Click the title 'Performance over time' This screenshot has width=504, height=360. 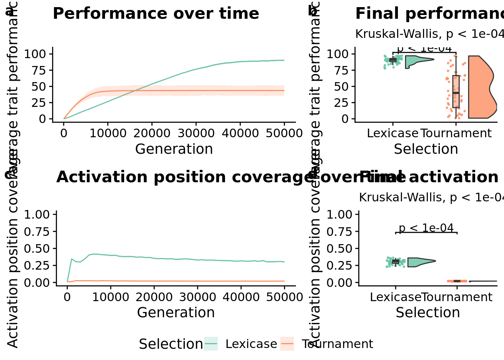(x=156, y=14)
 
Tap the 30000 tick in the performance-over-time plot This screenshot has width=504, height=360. (x=196, y=133)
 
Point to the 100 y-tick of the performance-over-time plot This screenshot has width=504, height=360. (x=35, y=54)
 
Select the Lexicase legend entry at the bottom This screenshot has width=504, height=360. (x=251, y=344)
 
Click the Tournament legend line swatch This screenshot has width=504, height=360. (x=287, y=343)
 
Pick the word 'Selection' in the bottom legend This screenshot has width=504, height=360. (x=171, y=344)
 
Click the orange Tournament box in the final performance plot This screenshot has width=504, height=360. (x=456, y=91)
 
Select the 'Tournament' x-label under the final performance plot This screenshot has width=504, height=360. (x=456, y=133)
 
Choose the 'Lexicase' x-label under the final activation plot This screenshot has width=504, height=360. (x=396, y=297)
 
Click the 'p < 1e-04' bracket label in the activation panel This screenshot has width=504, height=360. (x=426, y=228)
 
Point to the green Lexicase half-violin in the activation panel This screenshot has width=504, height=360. (x=418, y=262)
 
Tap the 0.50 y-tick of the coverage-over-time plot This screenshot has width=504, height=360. (x=37, y=249)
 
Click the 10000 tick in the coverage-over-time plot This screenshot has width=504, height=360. (x=111, y=297)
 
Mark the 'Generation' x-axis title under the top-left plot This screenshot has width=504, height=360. (x=174, y=149)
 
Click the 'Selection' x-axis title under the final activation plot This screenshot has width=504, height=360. (x=428, y=312)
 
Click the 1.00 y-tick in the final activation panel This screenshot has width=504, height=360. (x=339, y=214)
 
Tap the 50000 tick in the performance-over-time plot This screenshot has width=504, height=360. (x=284, y=133)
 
